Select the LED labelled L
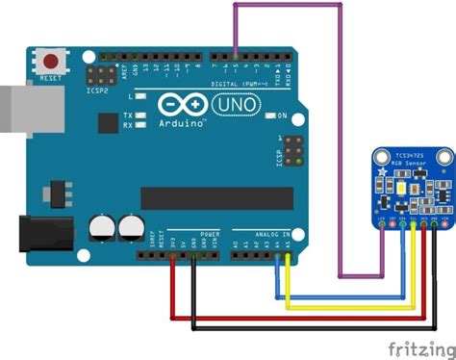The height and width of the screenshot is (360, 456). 140,97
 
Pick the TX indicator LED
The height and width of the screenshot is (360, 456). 140,116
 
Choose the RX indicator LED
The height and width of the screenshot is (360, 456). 140,125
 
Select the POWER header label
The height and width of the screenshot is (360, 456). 209,234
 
